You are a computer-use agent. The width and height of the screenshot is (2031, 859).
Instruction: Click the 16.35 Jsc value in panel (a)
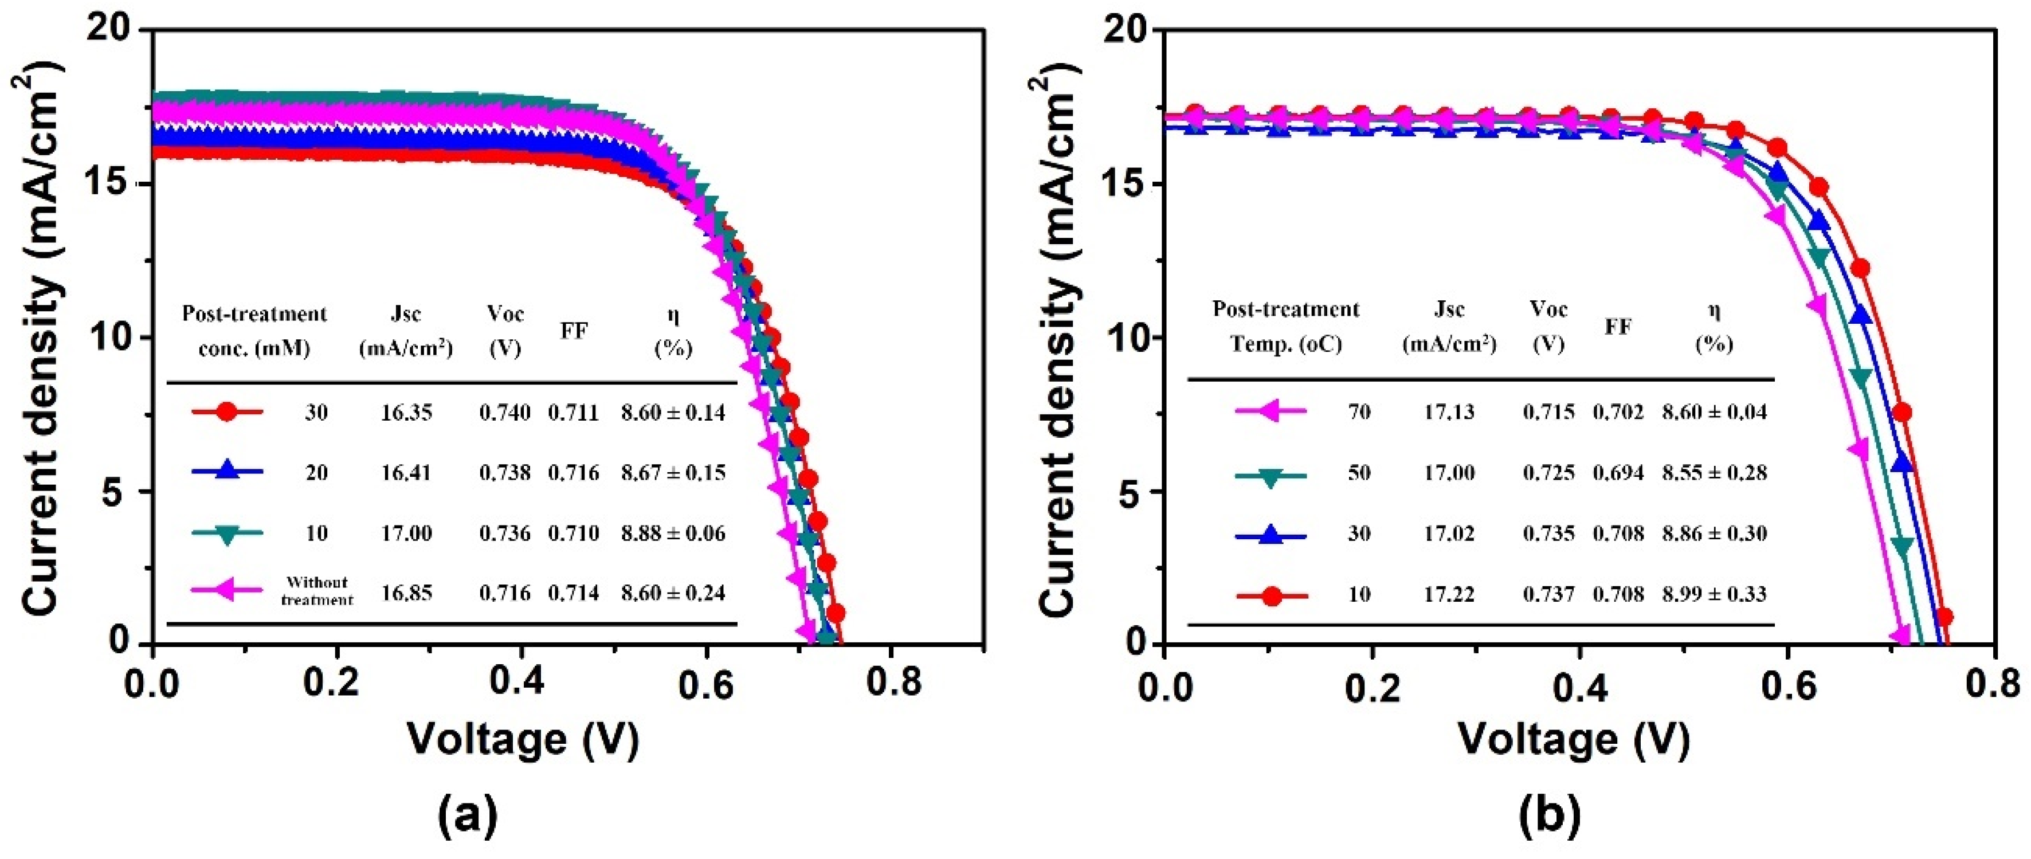pos(407,412)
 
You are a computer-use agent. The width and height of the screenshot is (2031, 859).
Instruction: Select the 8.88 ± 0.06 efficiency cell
pos(673,534)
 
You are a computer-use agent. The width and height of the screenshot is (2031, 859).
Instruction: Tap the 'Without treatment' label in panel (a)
pos(317,591)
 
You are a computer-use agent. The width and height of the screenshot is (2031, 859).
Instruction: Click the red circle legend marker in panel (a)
pos(226,412)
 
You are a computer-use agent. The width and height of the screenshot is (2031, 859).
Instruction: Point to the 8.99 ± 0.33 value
pos(1714,594)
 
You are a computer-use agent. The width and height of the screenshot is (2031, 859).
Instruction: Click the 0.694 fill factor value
pos(1618,473)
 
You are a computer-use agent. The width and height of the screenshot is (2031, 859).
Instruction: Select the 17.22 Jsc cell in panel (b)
pos(1449,594)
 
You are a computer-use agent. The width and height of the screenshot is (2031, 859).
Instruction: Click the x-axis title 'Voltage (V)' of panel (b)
pos(1574,739)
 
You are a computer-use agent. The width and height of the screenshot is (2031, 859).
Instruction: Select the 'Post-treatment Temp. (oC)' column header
pos(1286,326)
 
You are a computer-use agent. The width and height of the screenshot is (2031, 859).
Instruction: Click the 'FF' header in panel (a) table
pos(574,331)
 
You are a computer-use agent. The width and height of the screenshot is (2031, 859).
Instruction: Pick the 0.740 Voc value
pos(504,412)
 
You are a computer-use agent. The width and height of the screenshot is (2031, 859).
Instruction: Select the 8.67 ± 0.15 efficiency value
pos(673,473)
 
